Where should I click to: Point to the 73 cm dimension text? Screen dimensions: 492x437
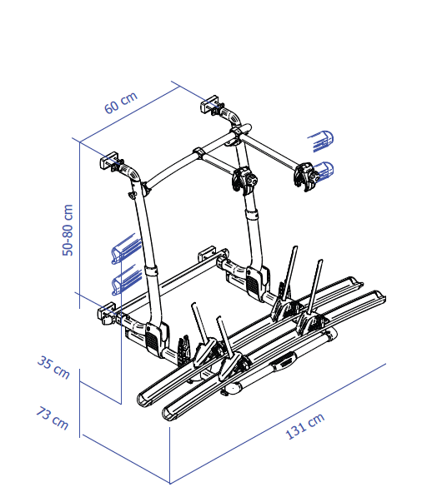(x=53, y=417)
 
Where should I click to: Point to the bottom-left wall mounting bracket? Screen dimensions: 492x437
(x=107, y=314)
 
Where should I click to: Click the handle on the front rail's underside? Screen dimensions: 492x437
(x=286, y=362)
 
